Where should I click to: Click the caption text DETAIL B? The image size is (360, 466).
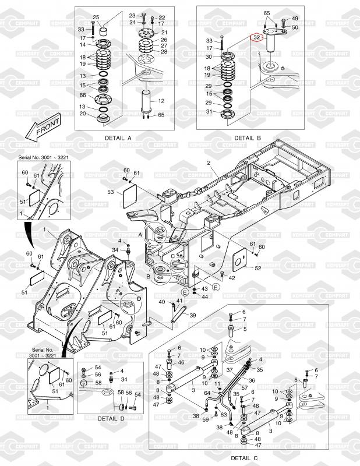tap(247, 138)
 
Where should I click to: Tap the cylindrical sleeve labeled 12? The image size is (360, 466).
tap(146, 100)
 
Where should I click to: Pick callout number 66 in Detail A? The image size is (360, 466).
tap(83, 95)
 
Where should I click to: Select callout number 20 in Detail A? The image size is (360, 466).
tap(83, 114)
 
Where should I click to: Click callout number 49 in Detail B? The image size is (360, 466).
tap(295, 19)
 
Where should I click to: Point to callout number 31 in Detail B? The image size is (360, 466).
tap(209, 112)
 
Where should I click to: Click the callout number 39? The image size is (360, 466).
tap(193, 315)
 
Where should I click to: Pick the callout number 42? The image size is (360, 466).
tap(232, 278)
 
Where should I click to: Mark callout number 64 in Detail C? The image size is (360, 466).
tap(206, 393)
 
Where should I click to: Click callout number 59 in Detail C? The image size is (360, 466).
tap(206, 419)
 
